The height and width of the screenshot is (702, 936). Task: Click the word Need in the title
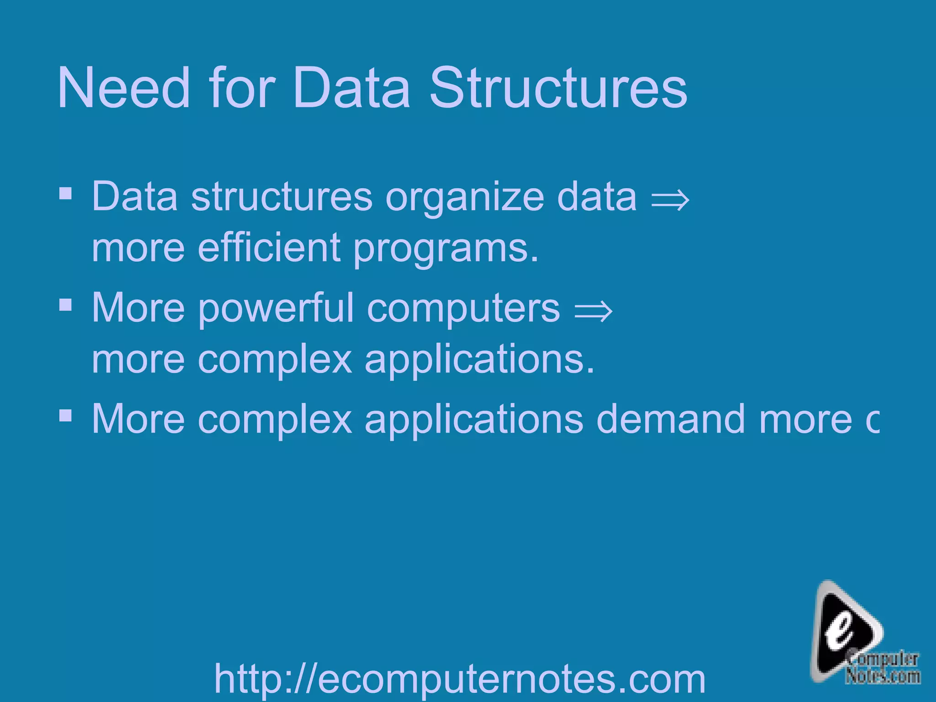coord(123,88)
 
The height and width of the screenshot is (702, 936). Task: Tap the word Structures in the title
coord(558,88)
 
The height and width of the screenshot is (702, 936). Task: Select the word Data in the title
coord(351,88)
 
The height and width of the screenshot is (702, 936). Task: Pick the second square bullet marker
coord(66,305)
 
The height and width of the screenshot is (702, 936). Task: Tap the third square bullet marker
coord(66,415)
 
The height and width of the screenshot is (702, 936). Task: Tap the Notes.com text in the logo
coord(883,676)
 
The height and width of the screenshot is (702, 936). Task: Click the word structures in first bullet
coord(282,197)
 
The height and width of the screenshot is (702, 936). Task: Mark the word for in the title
coord(242,88)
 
